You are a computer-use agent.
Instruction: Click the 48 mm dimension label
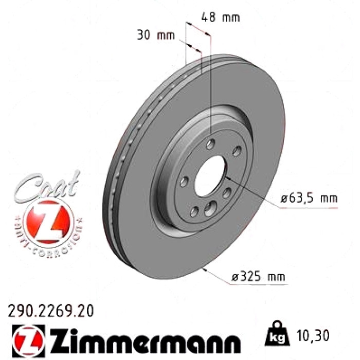(x=221, y=17)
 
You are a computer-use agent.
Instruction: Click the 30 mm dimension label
(x=156, y=35)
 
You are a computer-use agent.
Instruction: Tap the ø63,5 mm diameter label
(x=309, y=198)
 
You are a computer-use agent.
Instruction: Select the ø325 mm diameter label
(x=258, y=276)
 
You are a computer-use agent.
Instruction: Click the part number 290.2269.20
(x=51, y=311)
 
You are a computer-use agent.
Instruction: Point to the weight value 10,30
(x=313, y=335)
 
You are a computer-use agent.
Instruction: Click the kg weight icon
(x=277, y=334)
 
